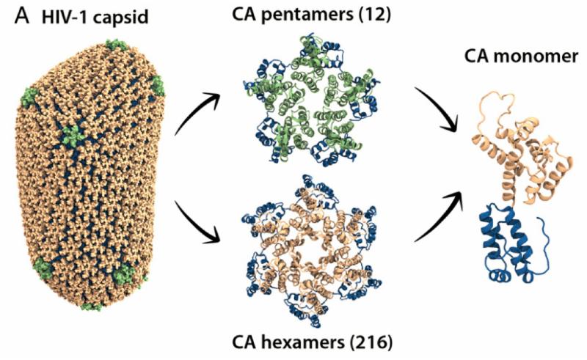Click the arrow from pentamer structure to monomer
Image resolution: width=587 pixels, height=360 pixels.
point(440,110)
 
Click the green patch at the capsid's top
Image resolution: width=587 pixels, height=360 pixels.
point(114,45)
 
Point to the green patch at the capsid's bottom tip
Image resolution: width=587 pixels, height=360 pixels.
point(92,304)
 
